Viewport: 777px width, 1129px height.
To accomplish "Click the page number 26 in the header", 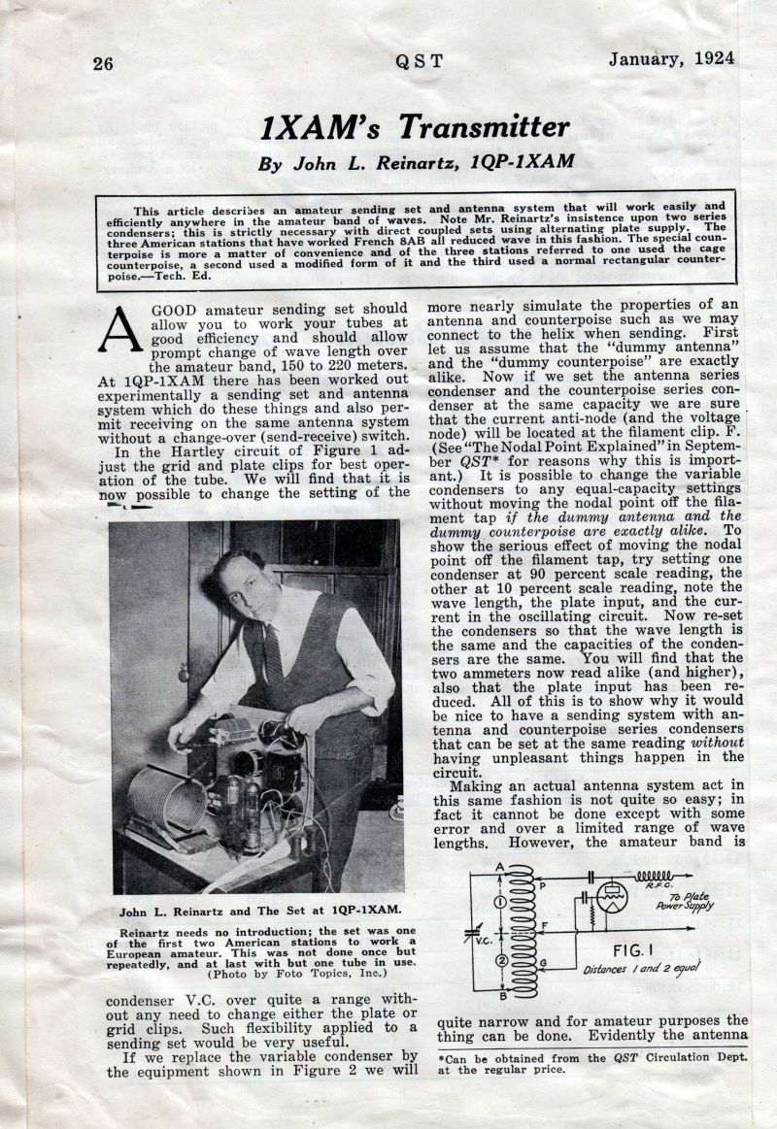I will (103, 63).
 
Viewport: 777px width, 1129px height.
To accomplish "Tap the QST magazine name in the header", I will (419, 61).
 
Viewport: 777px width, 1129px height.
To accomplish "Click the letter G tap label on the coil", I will (541, 962).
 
